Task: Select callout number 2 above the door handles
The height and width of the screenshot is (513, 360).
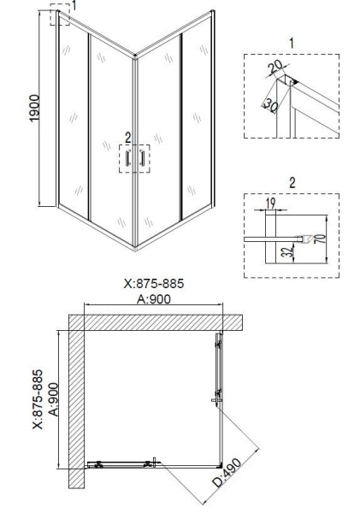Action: click(128, 136)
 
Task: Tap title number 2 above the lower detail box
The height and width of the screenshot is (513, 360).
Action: click(291, 182)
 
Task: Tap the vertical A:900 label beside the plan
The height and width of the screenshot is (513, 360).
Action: click(51, 400)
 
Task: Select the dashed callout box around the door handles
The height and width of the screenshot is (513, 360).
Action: click(133, 159)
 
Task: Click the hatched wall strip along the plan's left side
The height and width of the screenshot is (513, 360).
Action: click(75, 410)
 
